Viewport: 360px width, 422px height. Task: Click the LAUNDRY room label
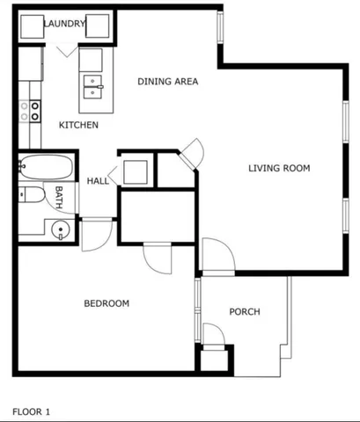click(64, 24)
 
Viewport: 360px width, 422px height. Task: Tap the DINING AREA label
click(167, 82)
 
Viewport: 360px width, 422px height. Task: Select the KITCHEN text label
click(78, 125)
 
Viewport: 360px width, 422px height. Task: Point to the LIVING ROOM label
click(279, 168)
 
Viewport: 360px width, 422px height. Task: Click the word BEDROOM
click(107, 303)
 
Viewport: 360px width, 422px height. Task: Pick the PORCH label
click(244, 311)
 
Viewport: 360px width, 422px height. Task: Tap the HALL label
click(97, 181)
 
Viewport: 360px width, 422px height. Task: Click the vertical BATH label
click(59, 198)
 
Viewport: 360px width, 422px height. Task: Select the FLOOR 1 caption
click(32, 411)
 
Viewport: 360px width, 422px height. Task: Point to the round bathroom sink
click(60, 230)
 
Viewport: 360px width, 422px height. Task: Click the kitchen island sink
click(92, 85)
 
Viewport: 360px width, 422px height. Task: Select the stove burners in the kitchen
click(35, 110)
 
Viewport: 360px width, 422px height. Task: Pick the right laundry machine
click(97, 27)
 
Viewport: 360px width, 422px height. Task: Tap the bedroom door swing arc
click(158, 258)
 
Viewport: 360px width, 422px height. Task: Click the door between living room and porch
click(217, 256)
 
